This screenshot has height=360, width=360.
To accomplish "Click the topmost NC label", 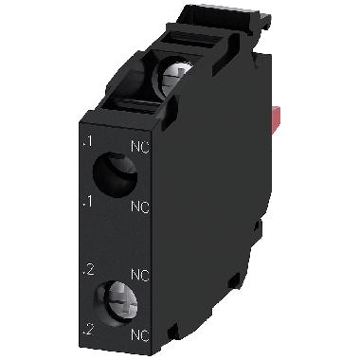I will [138, 146].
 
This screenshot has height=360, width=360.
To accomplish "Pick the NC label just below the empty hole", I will [138, 207].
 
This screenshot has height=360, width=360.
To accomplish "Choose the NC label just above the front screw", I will [138, 275].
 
